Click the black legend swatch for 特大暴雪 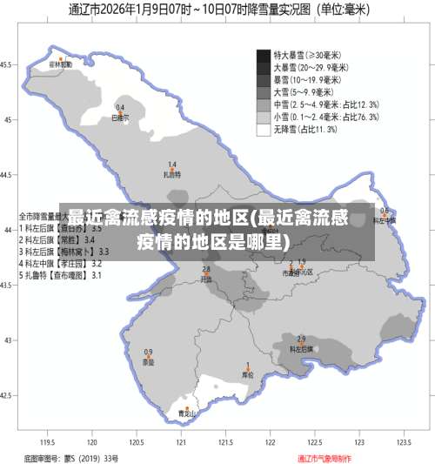tap(264, 54)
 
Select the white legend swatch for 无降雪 tap(264, 130)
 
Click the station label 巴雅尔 tap(120, 116)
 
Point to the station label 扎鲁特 tap(172, 173)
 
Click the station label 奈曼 tap(148, 361)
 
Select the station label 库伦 tap(247, 375)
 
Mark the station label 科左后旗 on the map tap(301, 348)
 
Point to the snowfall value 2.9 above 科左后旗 tap(301, 339)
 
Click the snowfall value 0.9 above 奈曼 tap(148, 353)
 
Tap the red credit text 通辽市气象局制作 tap(325, 457)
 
